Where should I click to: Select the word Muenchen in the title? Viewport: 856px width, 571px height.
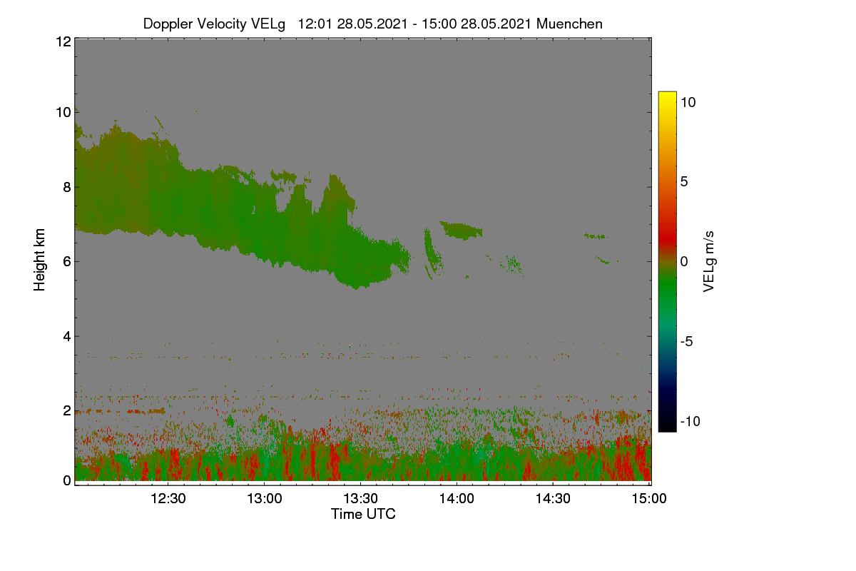coord(569,24)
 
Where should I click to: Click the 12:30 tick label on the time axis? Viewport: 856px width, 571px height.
coord(168,498)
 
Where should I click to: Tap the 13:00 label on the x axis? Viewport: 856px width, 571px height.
coord(264,498)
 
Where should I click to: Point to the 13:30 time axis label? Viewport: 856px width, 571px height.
coord(360,498)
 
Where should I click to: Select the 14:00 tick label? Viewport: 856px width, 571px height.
coord(457,498)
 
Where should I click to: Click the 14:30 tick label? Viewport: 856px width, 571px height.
coord(553,498)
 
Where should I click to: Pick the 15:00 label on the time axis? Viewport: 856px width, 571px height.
coord(649,498)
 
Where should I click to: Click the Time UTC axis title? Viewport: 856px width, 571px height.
coord(363,514)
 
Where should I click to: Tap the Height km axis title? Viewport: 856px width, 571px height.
coord(39,260)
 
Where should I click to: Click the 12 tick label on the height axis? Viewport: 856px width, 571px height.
coord(63,41)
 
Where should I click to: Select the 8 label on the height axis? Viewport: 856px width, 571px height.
coord(67,187)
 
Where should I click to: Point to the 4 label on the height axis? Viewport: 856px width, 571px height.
coord(67,337)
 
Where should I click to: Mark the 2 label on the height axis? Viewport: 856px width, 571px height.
coord(67,410)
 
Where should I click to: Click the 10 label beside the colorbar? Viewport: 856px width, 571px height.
coord(688,102)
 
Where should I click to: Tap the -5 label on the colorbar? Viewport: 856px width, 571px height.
coord(686,341)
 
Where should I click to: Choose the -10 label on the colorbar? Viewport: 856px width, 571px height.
coord(691,421)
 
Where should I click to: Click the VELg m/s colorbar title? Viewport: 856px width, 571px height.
coord(708,262)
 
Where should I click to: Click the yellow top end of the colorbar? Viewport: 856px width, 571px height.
coord(667,94)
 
